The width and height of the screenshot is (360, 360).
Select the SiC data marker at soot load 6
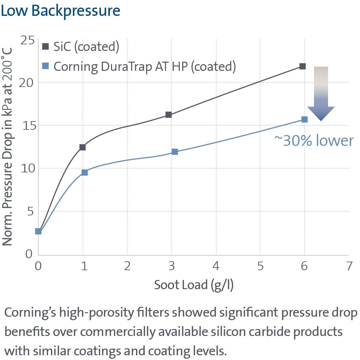point(302,66)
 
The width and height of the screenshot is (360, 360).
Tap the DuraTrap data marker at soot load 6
point(304,119)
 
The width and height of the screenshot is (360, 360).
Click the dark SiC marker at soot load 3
point(169,115)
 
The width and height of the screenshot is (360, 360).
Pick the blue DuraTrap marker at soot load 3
point(175,152)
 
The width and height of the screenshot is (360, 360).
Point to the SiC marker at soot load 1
point(83,147)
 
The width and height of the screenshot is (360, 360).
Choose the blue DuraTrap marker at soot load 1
point(84,172)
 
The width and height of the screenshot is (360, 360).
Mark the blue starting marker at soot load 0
point(38,231)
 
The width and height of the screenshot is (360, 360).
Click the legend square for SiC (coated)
point(46,47)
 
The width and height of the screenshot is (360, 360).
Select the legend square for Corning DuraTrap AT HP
point(46,66)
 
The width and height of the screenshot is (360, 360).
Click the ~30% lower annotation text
point(314,140)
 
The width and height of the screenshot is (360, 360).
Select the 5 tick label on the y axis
point(30,211)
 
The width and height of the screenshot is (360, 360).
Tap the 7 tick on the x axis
point(349,266)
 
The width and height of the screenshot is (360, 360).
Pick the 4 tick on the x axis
point(216,266)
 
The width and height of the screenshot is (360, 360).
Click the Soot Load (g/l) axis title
point(194,285)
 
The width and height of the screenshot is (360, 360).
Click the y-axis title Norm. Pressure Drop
point(8,147)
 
